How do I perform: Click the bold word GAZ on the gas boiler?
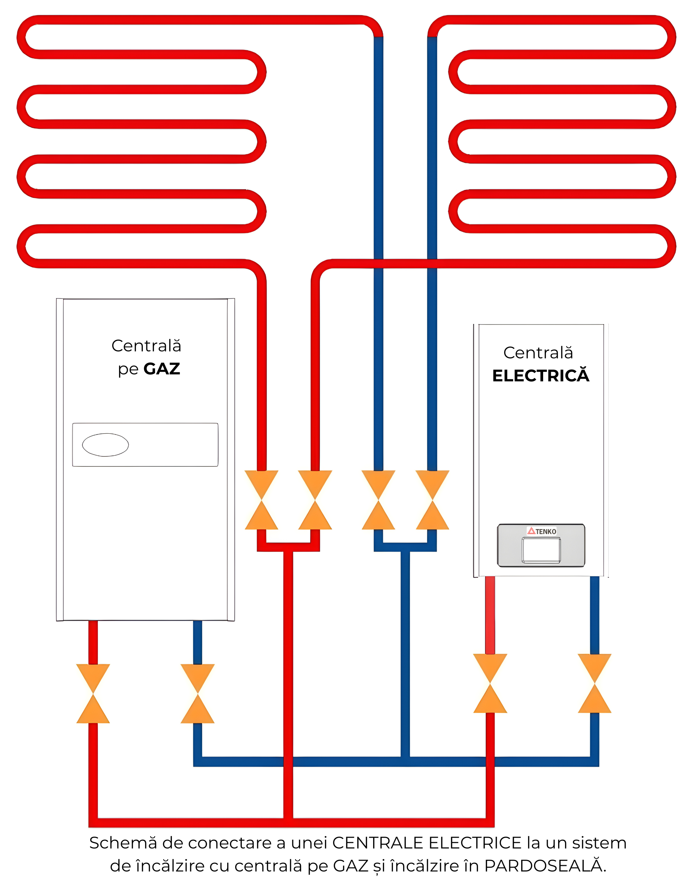162,369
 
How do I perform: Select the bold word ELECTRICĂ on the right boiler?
541,376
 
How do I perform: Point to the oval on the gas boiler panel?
105,445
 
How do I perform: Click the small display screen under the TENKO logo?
541,550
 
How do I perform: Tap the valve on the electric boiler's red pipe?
490,683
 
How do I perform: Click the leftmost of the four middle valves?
261,500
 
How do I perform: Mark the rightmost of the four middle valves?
432,500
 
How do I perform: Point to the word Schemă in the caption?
123,843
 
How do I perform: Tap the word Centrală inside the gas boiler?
146,346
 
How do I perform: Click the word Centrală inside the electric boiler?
538,353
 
